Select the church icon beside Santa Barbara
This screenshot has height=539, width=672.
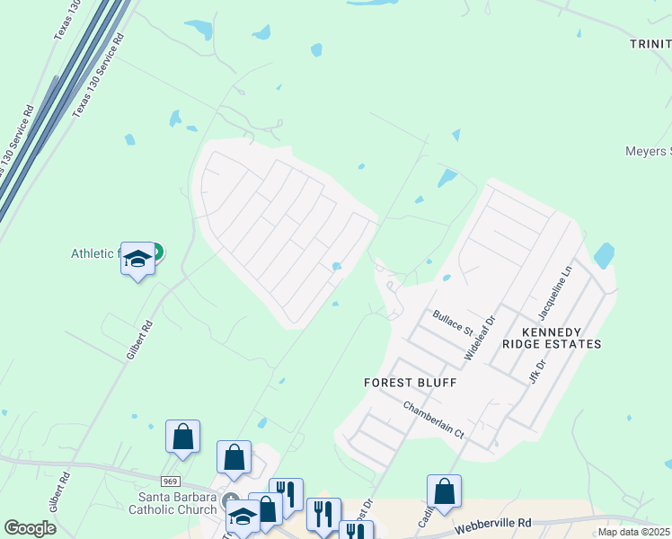point(231,501)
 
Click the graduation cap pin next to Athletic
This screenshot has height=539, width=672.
point(137,260)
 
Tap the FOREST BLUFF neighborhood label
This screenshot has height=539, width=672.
point(411,383)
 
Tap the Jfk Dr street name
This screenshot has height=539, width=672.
point(539,372)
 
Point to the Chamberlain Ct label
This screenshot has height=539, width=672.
point(433,420)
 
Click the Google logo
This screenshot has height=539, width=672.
point(30,528)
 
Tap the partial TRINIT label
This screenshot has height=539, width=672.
point(650,43)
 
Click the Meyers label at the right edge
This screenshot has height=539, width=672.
point(648,151)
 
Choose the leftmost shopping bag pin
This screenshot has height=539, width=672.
point(182,437)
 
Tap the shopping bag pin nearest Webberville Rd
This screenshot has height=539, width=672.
point(444,491)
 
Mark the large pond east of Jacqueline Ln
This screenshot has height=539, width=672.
point(604,256)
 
